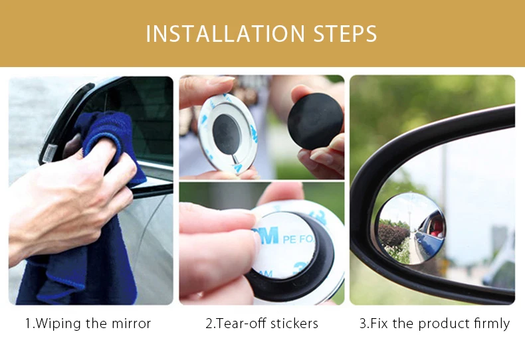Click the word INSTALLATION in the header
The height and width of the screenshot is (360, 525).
[225, 33]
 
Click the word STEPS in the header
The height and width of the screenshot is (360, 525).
[345, 33]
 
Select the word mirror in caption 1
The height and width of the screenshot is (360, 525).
[131, 323]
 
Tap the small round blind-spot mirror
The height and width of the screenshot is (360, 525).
[410, 229]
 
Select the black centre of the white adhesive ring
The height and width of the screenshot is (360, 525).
[227, 134]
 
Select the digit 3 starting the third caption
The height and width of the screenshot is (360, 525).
[363, 323]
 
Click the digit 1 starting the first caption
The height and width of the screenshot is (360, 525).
[29, 323]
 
